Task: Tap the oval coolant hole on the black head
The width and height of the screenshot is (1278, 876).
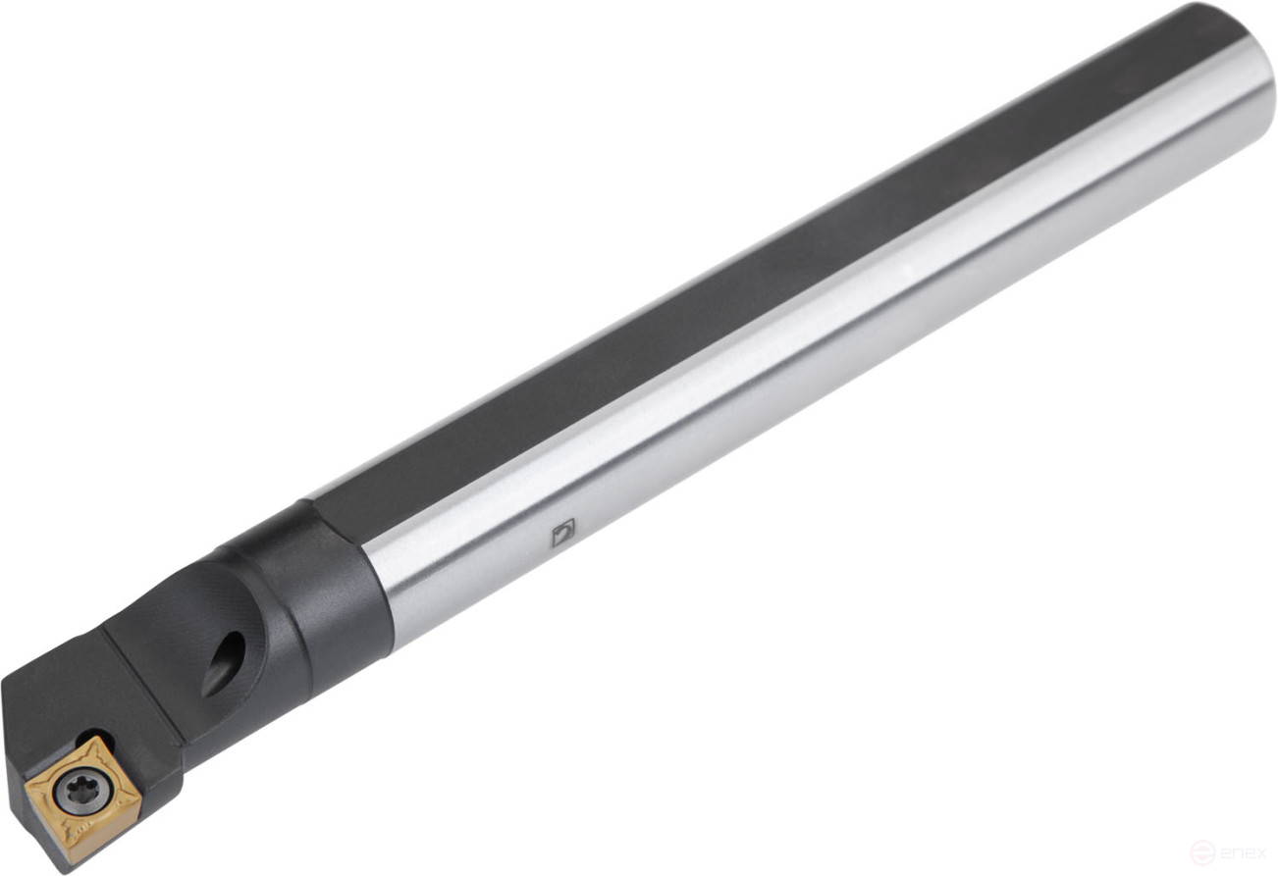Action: tap(224, 663)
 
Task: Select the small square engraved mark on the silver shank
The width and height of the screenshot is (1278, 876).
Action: tap(562, 533)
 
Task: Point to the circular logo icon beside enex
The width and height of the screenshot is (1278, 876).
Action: tap(1202, 852)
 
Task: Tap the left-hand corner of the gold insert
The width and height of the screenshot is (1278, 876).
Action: tap(27, 785)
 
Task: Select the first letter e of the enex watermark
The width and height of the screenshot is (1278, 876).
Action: tap(1224, 852)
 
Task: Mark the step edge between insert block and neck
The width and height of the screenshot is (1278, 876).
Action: tap(147, 677)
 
